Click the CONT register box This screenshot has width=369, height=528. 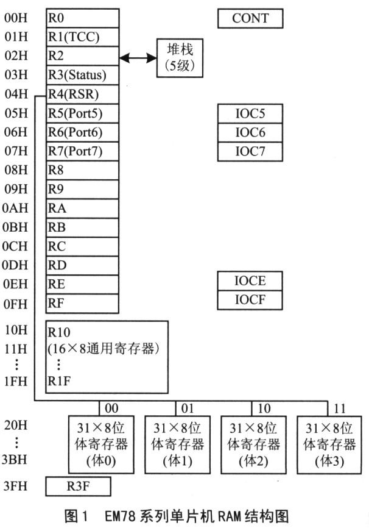point(250,18)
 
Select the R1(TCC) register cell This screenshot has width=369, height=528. point(82,37)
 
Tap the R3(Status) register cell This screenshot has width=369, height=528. point(82,76)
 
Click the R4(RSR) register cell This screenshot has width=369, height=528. point(82,95)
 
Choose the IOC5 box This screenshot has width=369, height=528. point(250,113)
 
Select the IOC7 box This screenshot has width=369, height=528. point(250,151)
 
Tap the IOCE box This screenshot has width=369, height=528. point(250,281)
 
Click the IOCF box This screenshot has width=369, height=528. point(250,300)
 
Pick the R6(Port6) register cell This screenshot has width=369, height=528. point(82,132)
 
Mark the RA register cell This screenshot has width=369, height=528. point(82,208)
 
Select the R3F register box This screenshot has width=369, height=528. point(79,487)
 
